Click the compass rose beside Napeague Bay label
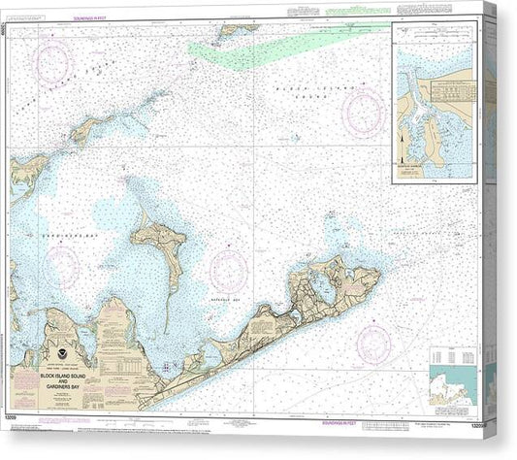[x=229, y=270]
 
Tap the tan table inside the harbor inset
[x=449, y=92]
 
